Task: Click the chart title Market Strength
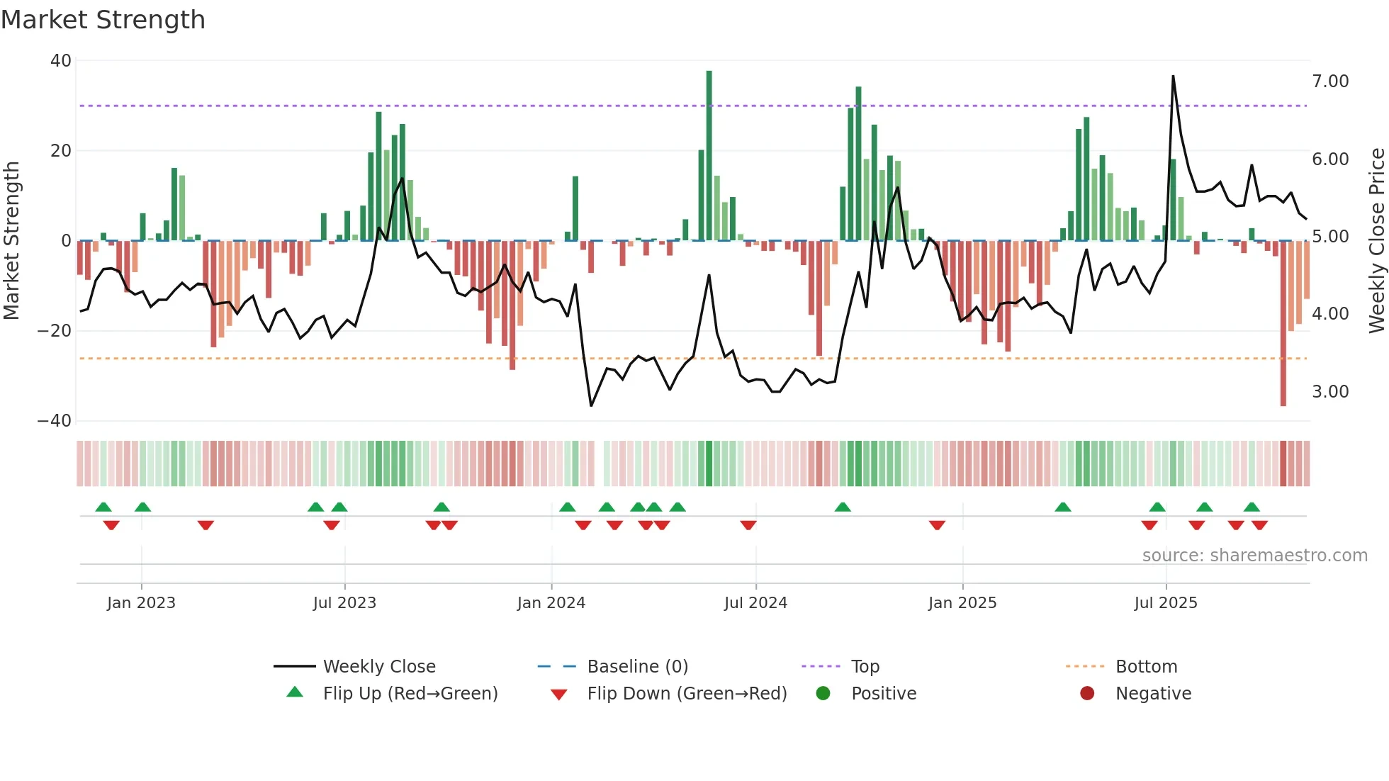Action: (103, 20)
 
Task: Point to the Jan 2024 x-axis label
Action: (551, 603)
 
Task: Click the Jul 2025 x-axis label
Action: (1165, 603)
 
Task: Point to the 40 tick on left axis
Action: (61, 61)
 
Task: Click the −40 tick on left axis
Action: (55, 421)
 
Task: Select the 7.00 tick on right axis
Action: (1329, 82)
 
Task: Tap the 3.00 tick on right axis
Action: (1329, 392)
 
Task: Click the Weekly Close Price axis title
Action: (1376, 241)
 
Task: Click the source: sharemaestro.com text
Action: (1254, 556)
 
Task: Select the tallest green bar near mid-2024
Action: (709, 156)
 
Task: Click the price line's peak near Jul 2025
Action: (1173, 77)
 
